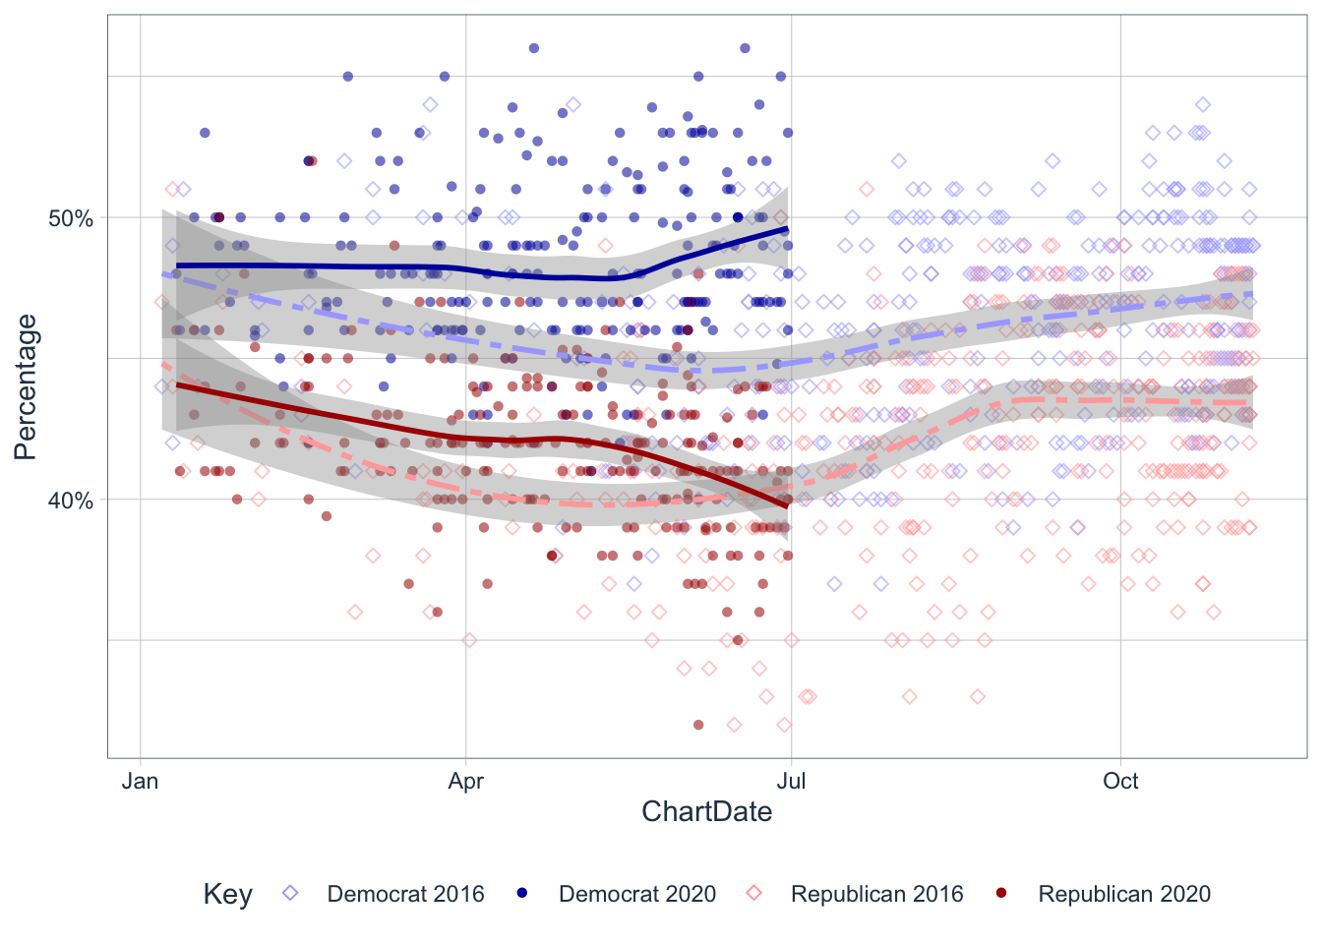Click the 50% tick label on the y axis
click(71, 218)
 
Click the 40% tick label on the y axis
click(71, 501)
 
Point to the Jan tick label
click(140, 782)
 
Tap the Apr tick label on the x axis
click(465, 782)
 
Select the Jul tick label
click(791, 782)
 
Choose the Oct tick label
click(1120, 782)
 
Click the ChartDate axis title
click(706, 812)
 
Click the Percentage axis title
click(26, 386)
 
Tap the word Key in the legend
click(227, 894)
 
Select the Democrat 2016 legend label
click(405, 894)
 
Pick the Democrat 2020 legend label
click(637, 894)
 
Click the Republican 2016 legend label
click(876, 894)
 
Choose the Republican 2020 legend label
click(1124, 894)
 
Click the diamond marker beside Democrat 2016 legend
click(290, 893)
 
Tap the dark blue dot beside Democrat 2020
click(522, 893)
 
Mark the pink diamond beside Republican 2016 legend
click(754, 893)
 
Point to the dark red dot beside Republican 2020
click(1002, 893)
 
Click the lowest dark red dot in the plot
click(698, 725)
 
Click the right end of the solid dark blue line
click(787, 229)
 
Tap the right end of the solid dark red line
click(787, 505)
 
